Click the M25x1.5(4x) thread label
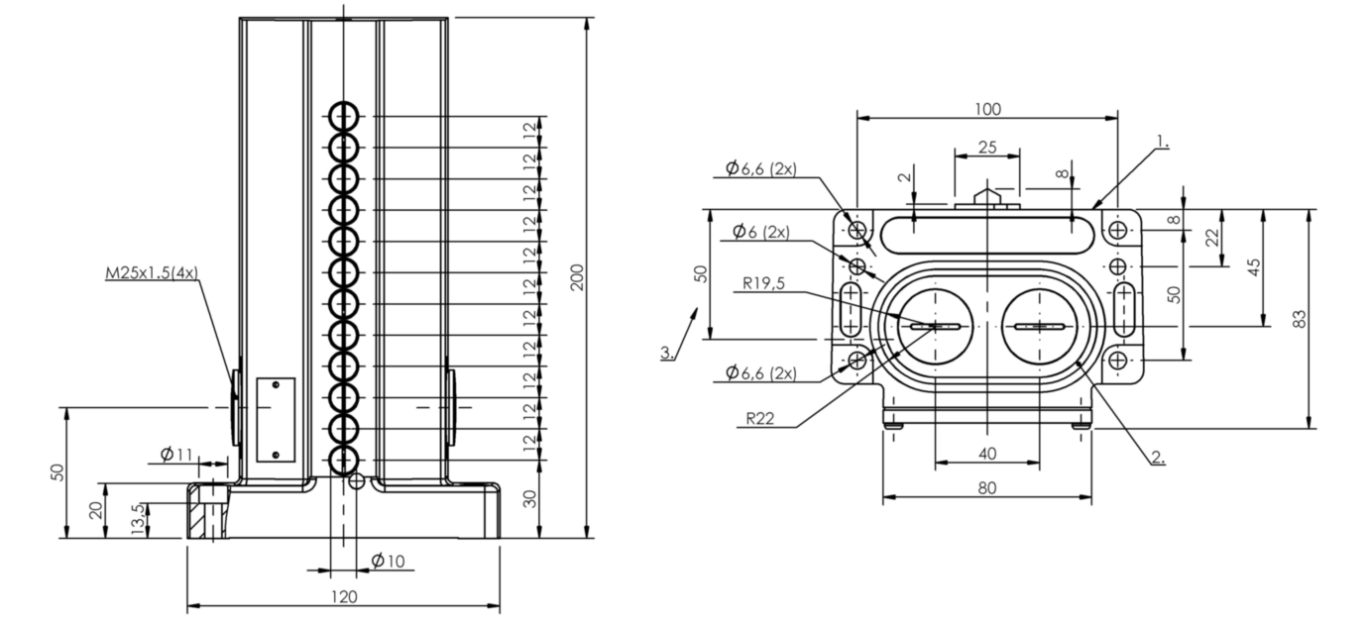[152, 272]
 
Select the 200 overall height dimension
[577, 277]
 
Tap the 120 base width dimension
[344, 596]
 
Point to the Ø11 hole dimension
[175, 454]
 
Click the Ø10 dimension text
[388, 561]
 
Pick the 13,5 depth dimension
[140, 519]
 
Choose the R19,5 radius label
[763, 283]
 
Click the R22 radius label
[759, 418]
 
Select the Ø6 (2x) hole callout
[761, 232]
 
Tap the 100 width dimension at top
[987, 109]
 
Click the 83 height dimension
[1301, 319]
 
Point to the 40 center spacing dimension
[987, 454]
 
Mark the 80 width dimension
[987, 487]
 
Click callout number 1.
[1162, 143]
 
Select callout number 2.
[1158, 457]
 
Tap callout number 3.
[667, 353]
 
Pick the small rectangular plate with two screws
[276, 420]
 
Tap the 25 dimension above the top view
[987, 148]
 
